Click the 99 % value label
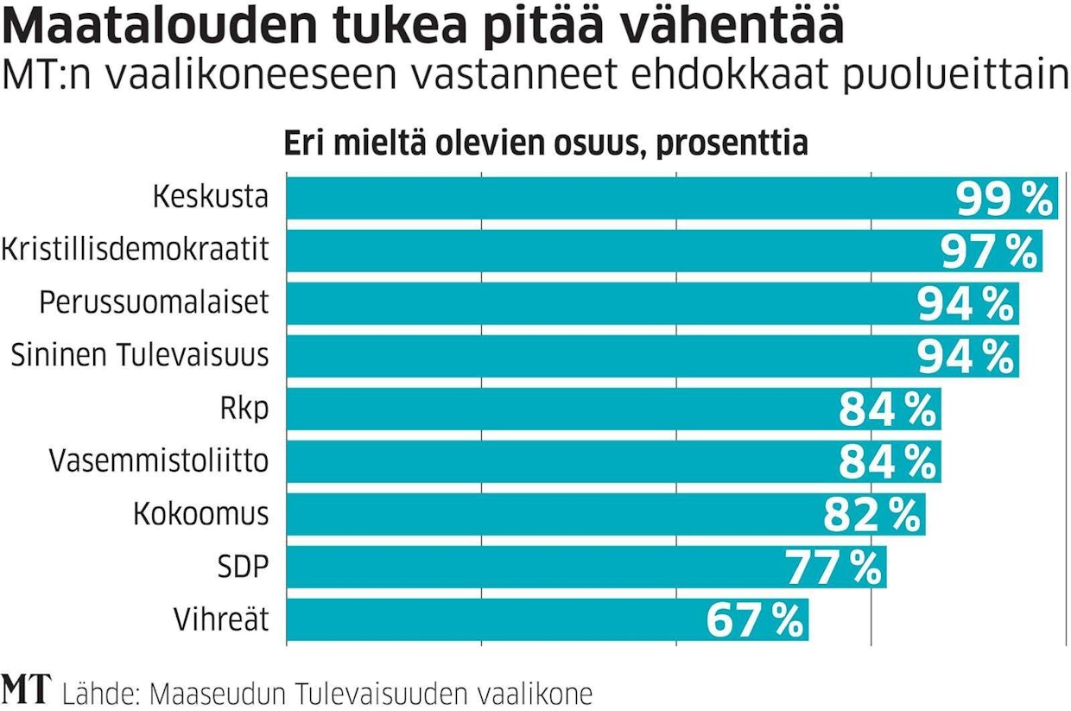pos(1005,200)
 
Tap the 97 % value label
pos(988,252)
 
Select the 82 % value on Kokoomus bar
pos(871,516)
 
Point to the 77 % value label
pos(833,568)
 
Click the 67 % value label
pos(755,620)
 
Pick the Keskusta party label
pos(211,198)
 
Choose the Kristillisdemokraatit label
pos(136,251)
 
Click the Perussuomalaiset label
pos(155,303)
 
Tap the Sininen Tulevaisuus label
pos(140,356)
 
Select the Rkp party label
pos(244,409)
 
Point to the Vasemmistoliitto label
pos(159,461)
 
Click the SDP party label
pos(244,567)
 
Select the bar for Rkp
pos(553,409)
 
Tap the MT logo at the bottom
pos(27,689)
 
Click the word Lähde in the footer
pos(100,694)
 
